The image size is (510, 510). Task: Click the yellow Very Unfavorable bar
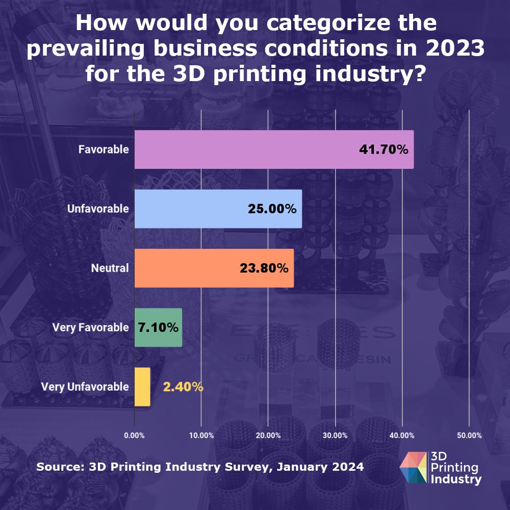(x=142, y=387)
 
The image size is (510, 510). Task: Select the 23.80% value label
(x=264, y=268)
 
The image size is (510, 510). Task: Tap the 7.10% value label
(x=158, y=327)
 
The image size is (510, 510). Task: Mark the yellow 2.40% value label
(x=183, y=387)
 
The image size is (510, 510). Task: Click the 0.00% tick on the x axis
(x=134, y=436)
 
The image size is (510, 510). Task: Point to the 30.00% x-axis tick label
(x=335, y=436)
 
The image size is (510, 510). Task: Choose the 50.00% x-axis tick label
(x=469, y=436)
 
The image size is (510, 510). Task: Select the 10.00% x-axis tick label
(x=201, y=436)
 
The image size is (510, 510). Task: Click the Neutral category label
(x=110, y=268)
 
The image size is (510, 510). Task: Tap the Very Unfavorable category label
(x=85, y=387)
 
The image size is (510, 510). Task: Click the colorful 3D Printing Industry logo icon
(x=415, y=467)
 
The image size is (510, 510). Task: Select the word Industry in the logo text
(x=456, y=479)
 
